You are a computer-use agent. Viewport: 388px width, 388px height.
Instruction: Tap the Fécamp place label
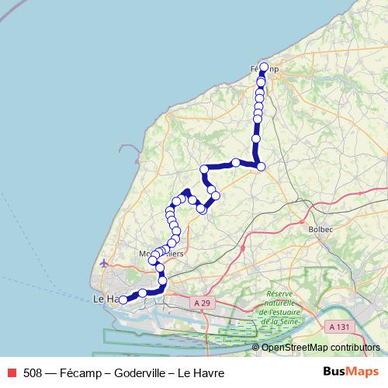tap(265, 70)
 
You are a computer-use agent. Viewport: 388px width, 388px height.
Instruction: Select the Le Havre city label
tap(106, 299)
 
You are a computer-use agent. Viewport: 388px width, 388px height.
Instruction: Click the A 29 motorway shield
tap(203, 303)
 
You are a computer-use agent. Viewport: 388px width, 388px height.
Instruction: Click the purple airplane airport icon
tap(104, 264)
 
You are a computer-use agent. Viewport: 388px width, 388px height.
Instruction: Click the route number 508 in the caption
tap(33, 372)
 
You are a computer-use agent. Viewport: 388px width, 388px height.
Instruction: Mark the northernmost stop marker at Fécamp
tap(264, 67)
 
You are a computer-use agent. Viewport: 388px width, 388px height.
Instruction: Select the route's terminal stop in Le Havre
tap(123, 300)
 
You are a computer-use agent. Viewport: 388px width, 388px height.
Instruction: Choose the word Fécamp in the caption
tap(78, 372)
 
